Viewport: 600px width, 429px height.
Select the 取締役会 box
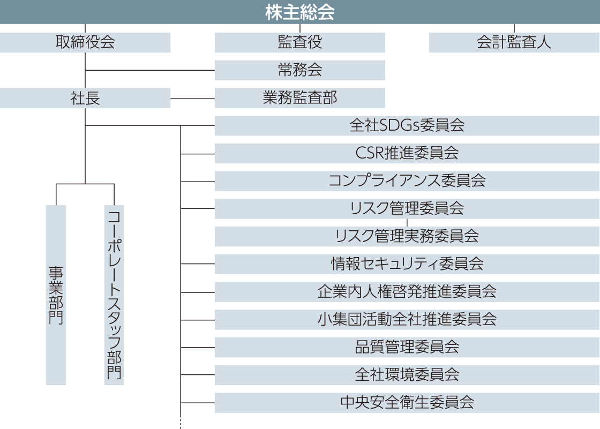(x=85, y=42)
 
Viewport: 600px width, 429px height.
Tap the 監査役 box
(x=300, y=42)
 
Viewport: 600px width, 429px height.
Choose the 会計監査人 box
(x=514, y=42)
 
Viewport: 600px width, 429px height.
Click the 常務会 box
(x=300, y=70)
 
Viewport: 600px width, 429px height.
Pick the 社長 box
(x=85, y=98)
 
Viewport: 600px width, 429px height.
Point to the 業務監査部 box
(x=300, y=98)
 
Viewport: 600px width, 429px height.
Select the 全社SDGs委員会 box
(x=407, y=126)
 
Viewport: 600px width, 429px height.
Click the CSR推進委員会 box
(x=407, y=154)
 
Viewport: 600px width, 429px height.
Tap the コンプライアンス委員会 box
(x=407, y=181)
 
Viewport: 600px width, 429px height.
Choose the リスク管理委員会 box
(x=407, y=209)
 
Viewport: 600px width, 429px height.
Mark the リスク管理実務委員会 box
(x=407, y=236)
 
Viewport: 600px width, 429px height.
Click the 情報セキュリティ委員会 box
(x=407, y=264)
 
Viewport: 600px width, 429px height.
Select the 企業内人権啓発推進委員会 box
(x=407, y=292)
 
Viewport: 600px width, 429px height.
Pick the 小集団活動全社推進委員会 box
(x=407, y=320)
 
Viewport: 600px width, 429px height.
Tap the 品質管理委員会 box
(x=407, y=347)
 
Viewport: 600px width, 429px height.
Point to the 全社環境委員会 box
(x=407, y=375)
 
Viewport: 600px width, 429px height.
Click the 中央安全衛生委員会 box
(x=407, y=403)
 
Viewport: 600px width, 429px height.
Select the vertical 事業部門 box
(x=56, y=295)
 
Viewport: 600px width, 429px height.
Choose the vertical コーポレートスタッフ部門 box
(x=114, y=295)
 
